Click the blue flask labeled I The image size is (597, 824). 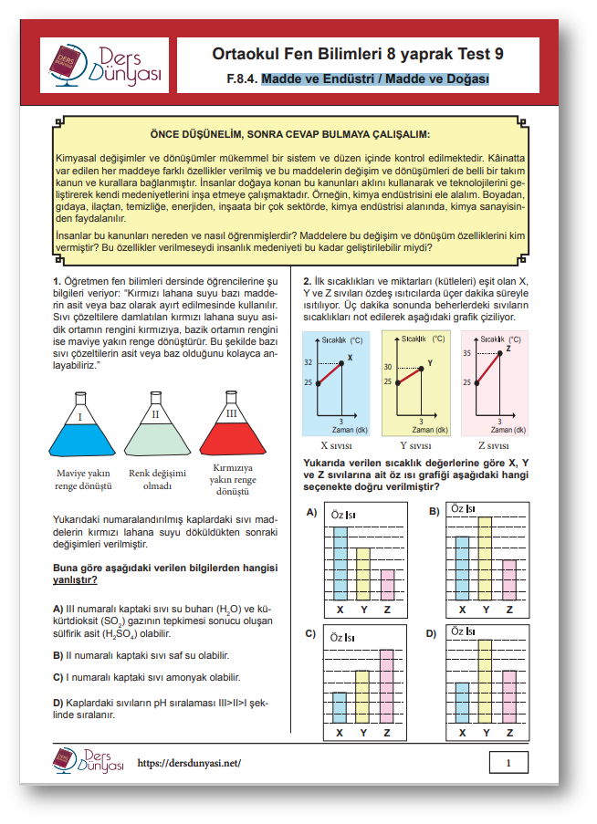[79, 433]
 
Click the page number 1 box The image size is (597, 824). [508, 762]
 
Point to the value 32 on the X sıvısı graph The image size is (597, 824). [308, 362]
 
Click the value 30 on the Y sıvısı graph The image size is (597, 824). [388, 367]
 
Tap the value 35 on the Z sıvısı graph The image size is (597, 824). [467, 353]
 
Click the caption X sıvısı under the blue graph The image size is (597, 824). [337, 446]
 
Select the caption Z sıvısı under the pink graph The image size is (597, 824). [494, 446]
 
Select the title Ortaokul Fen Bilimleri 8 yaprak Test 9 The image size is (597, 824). [357, 54]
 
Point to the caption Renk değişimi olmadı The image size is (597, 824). [157, 479]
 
